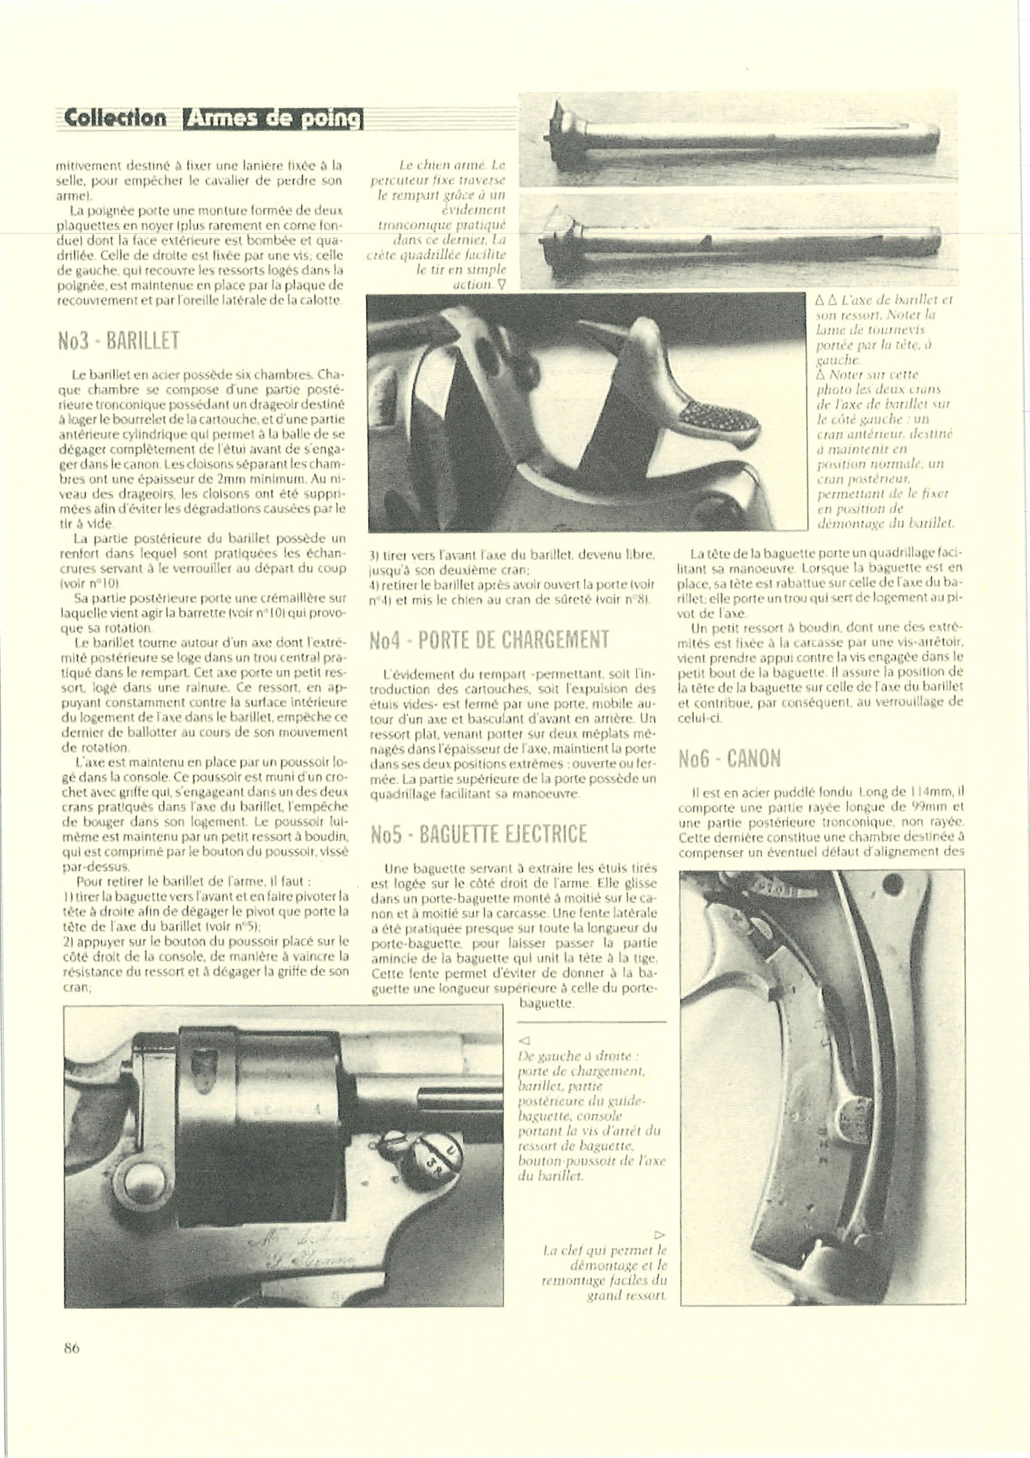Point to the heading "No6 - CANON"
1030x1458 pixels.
729,759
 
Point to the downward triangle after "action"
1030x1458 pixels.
502,284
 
